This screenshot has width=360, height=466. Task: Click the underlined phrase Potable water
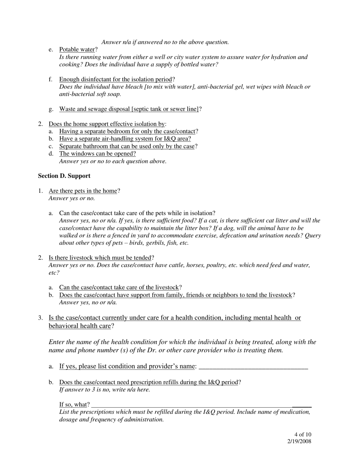tap(77, 50)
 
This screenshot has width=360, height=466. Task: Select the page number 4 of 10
tap(302, 435)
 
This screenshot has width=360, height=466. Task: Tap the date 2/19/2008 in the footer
tap(299, 441)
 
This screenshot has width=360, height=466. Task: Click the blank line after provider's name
tap(253, 367)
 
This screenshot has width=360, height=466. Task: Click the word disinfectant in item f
tap(94, 79)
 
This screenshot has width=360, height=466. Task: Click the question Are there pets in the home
tap(83, 191)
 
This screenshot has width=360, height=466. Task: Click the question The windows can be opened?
tap(97, 153)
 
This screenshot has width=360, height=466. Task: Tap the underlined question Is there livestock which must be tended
tap(100, 258)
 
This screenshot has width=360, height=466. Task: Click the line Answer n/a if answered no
tap(165, 42)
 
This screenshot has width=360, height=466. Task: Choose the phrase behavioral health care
tap(80, 326)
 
